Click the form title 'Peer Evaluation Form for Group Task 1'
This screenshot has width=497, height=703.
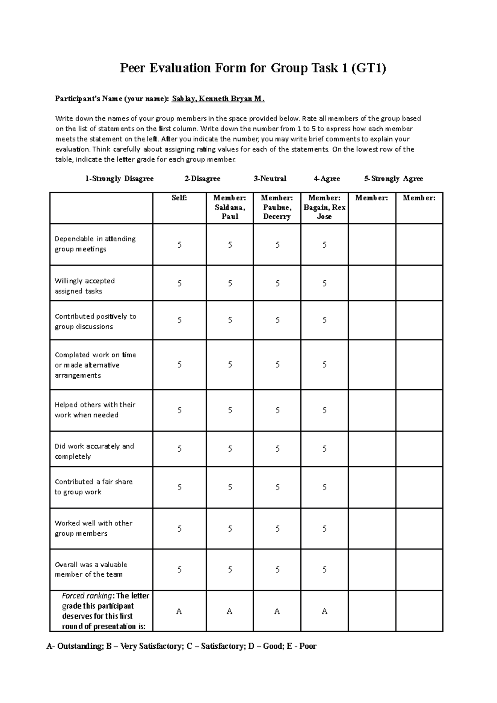[253, 68]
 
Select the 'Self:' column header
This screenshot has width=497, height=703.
[179, 198]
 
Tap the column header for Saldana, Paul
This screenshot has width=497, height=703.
[229, 207]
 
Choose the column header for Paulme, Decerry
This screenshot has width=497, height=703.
[277, 207]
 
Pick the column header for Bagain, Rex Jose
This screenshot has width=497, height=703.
[324, 207]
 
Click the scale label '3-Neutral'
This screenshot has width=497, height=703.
[270, 179]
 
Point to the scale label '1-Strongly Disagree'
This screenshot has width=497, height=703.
[119, 179]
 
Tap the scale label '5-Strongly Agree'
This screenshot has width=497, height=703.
[393, 179]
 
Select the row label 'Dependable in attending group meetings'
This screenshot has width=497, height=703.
[95, 244]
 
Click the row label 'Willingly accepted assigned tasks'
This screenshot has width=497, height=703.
[85, 286]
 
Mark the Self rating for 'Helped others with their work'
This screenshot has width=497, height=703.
[179, 410]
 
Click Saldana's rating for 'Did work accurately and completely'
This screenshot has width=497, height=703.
[230, 449]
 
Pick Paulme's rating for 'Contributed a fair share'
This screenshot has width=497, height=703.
[277, 487]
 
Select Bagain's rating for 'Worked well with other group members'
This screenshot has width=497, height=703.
[324, 529]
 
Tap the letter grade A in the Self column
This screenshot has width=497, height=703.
[179, 612]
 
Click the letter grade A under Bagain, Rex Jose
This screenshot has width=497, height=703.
[324, 612]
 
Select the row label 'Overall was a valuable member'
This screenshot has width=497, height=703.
[91, 569]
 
